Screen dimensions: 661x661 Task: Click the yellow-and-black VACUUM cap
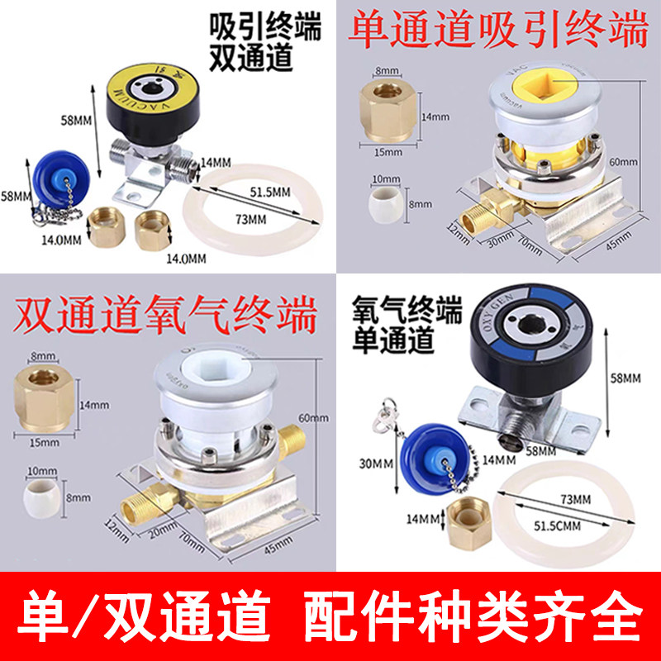[x=156, y=99]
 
